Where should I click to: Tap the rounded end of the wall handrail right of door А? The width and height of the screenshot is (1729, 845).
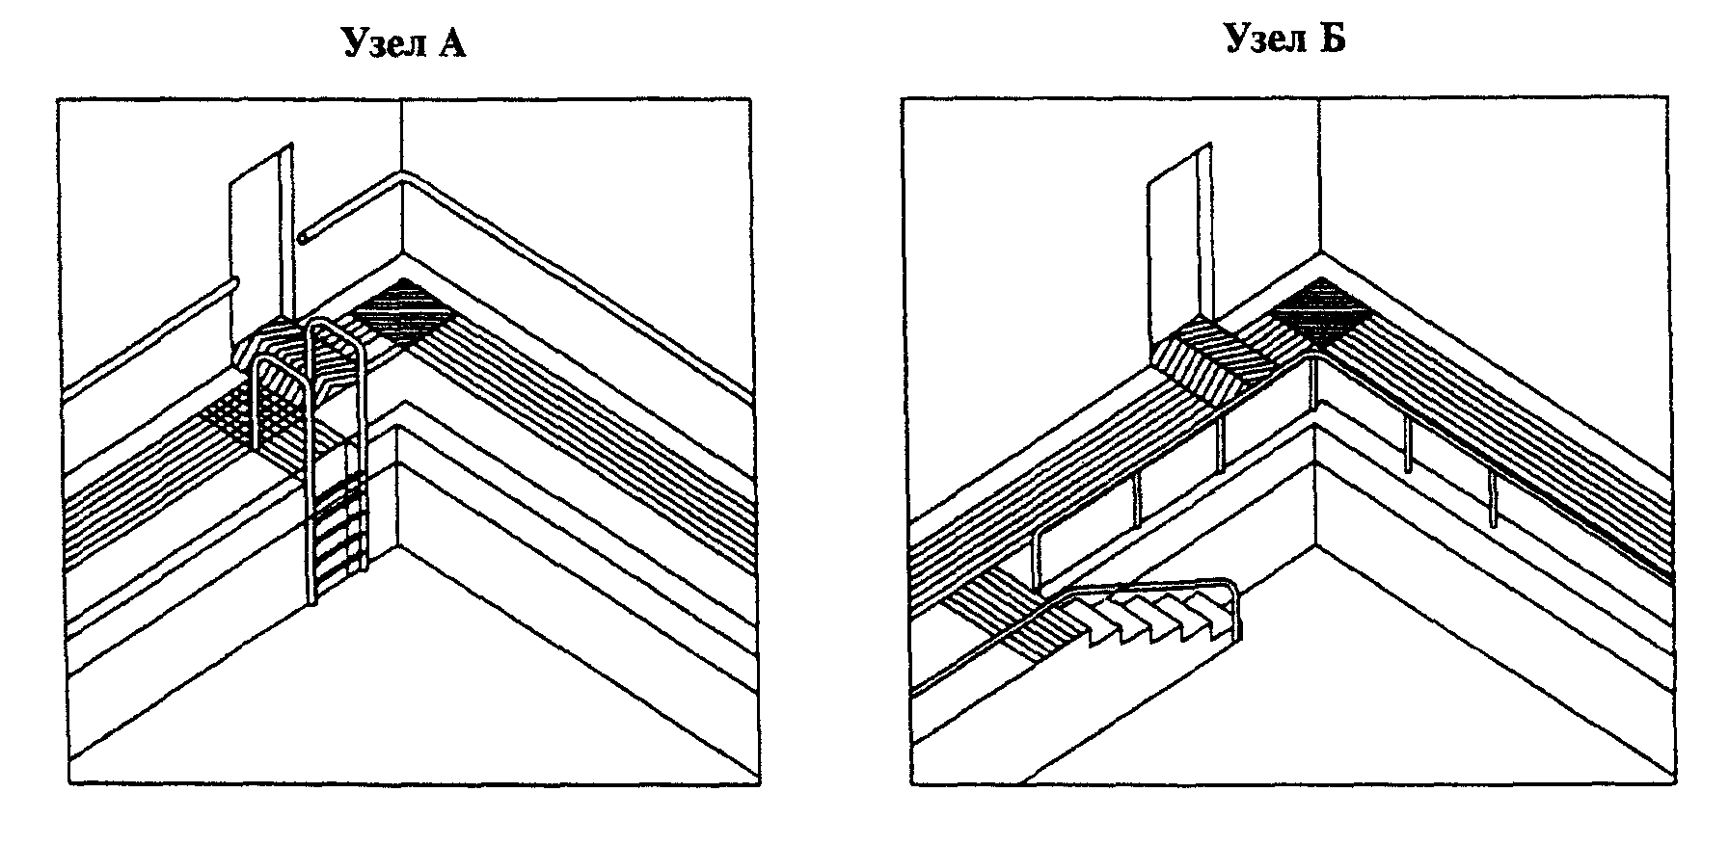(303, 236)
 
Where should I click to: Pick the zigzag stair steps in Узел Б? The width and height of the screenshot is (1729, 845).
(1162, 617)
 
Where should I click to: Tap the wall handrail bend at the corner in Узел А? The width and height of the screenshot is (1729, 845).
(400, 175)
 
